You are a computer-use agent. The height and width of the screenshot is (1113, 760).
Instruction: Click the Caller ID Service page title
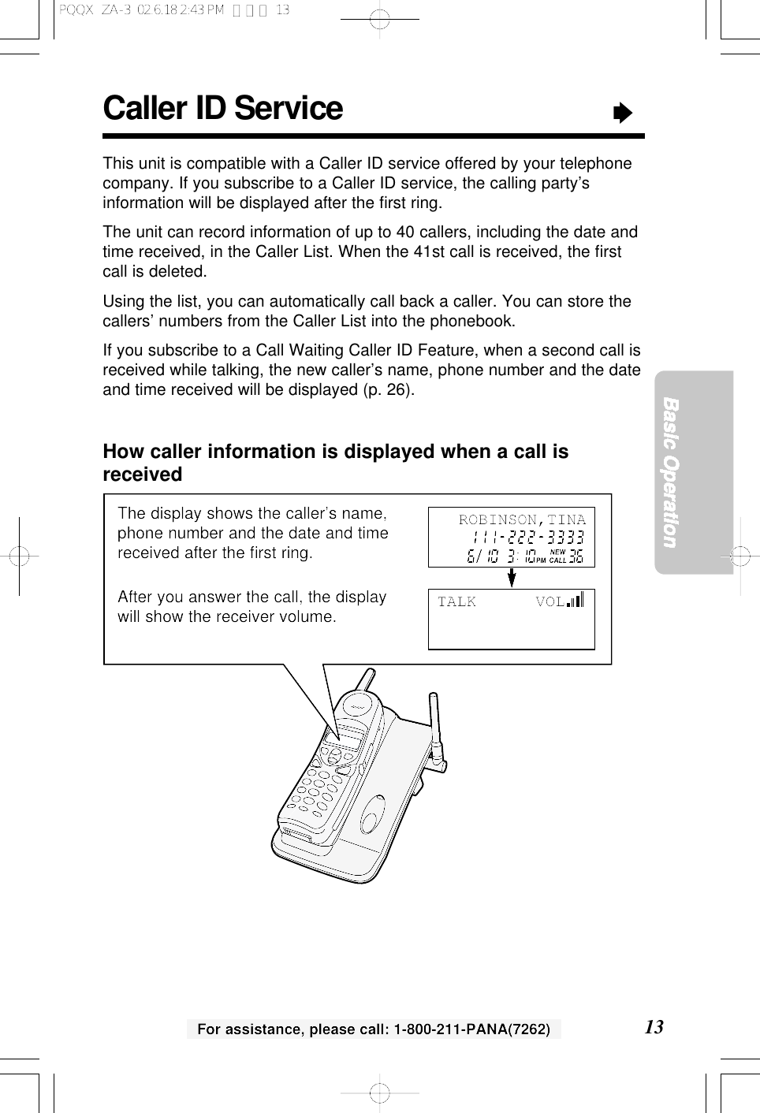(x=222, y=109)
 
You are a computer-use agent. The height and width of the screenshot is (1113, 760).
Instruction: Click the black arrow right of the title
(x=623, y=114)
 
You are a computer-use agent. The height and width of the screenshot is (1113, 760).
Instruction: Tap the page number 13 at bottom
(x=654, y=1026)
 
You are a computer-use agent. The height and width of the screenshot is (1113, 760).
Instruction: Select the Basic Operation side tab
(x=671, y=472)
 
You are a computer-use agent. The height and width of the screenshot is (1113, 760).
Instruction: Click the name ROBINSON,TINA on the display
(x=522, y=519)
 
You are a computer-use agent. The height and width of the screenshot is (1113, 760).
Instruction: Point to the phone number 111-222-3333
(x=528, y=538)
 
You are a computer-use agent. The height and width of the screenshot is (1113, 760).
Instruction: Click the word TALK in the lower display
(x=456, y=602)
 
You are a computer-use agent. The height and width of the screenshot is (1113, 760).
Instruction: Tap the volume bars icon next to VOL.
(x=576, y=600)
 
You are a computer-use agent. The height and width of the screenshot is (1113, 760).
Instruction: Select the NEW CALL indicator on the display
(x=557, y=556)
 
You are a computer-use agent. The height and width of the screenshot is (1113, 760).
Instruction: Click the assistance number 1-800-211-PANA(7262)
(x=471, y=1029)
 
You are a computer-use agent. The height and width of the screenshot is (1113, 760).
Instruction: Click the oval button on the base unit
(x=372, y=813)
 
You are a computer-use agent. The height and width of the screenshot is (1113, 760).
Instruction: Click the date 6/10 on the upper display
(x=482, y=556)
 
